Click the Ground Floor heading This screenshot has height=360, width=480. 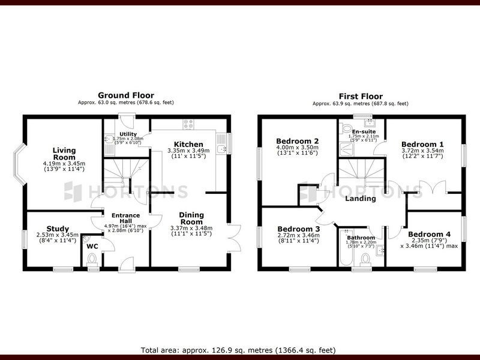click(126, 95)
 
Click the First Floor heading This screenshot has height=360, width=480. click(361, 97)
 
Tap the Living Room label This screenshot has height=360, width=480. click(64, 154)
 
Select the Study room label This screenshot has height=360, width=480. click(58, 229)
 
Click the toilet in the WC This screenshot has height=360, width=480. click(92, 260)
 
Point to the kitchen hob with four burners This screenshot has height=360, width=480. click(188, 124)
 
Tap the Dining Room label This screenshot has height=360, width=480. click(191, 218)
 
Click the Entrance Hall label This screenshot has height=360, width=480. click(125, 218)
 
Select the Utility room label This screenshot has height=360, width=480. click(128, 134)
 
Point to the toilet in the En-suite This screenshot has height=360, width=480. click(346, 128)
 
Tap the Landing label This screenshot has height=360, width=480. click(361, 199)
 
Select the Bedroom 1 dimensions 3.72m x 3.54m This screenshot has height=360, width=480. click(422, 151)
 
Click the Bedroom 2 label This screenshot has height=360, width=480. click(297, 141)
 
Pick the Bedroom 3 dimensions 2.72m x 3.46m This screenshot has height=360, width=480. click(298, 235)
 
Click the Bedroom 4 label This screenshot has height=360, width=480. click(429, 234)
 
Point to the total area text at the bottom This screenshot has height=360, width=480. click(238, 350)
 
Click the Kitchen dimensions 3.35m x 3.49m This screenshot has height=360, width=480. click(188, 151)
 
